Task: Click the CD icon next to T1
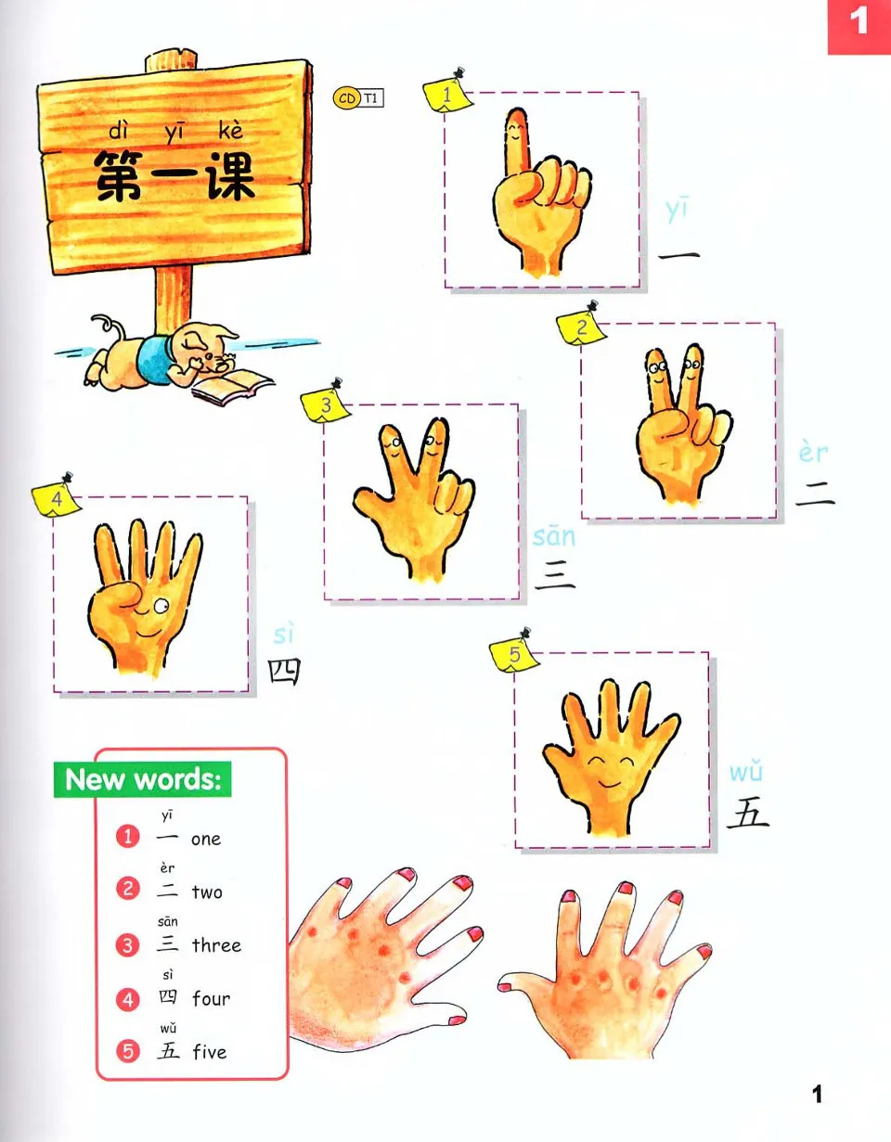point(346,96)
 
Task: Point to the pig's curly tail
point(105,326)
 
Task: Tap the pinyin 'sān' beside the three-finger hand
point(554,537)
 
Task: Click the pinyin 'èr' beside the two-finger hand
point(813,454)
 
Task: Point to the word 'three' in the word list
point(216,945)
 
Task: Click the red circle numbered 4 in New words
point(128,999)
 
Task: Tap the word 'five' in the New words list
point(209,1052)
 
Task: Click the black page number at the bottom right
point(817,1095)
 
